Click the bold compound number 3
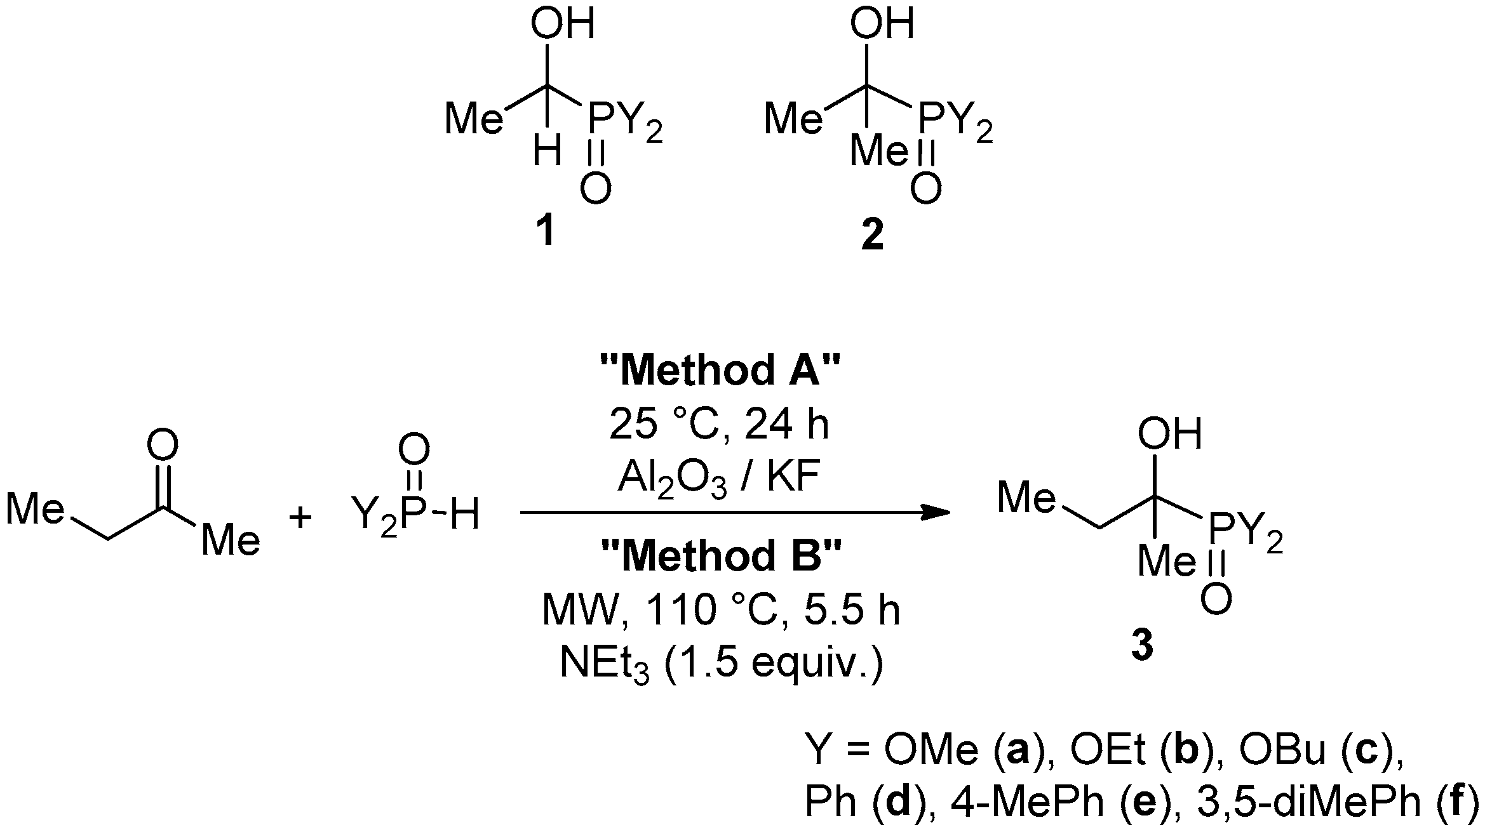[1141, 650]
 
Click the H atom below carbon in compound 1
[547, 152]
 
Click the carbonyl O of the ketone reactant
[163, 447]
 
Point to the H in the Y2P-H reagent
[464, 515]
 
